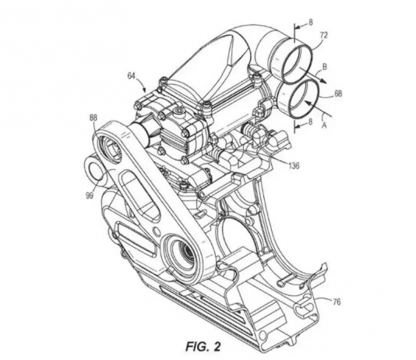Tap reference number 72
pos(324,35)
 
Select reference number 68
pos(338,94)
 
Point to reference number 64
pos(132,76)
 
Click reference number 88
pos(93,118)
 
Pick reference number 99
pos(90,196)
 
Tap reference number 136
pos(293,166)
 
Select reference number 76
pos(337,302)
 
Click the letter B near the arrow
pos(324,67)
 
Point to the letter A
pos(324,125)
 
